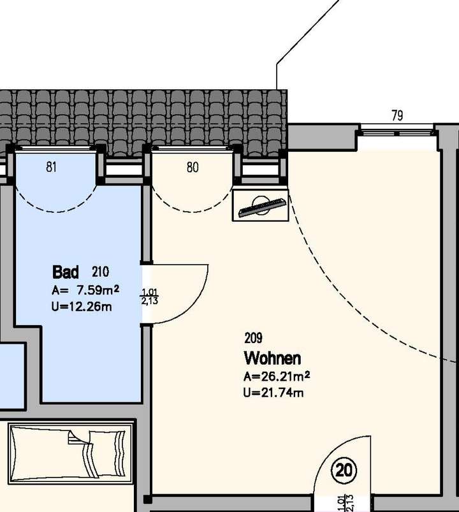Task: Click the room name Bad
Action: click(x=65, y=272)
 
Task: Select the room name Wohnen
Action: click(x=272, y=358)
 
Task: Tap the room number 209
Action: click(x=253, y=338)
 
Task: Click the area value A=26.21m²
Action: click(x=277, y=377)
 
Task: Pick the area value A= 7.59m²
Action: click(x=85, y=291)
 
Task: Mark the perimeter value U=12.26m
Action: click(x=82, y=307)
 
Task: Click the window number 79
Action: click(x=397, y=116)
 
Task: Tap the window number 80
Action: click(x=193, y=168)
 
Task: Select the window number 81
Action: click(x=52, y=168)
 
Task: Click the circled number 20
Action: click(x=344, y=471)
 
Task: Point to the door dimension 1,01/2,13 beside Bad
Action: click(x=150, y=296)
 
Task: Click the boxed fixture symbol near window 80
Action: click(x=260, y=205)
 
